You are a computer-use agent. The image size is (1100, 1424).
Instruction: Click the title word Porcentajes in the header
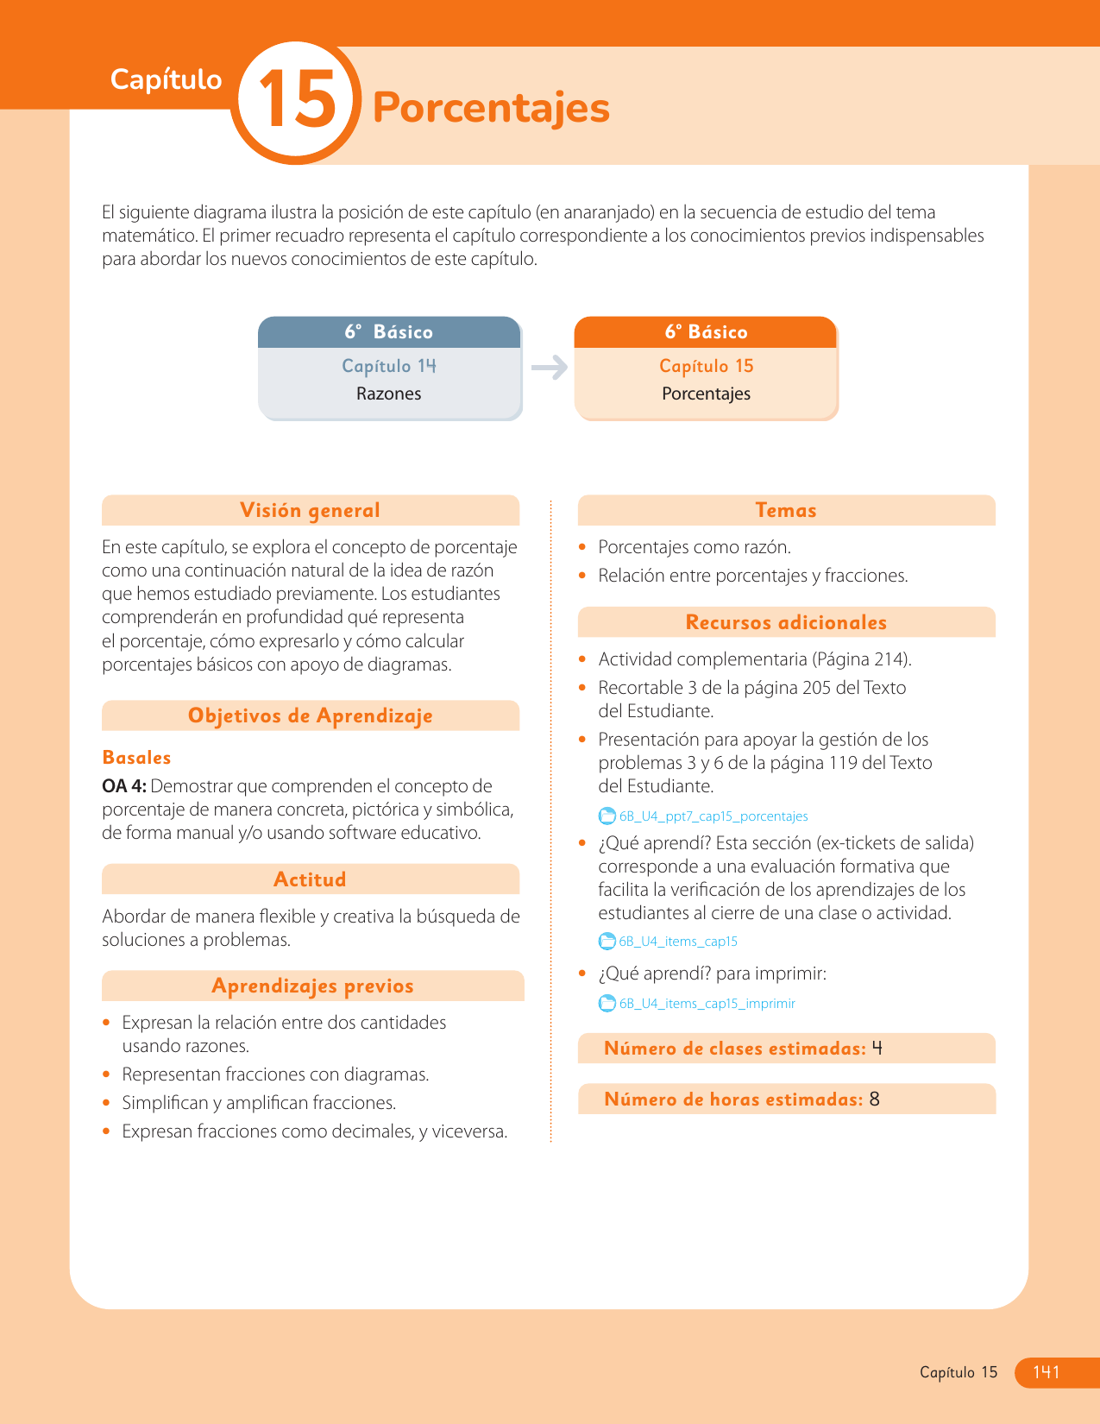491,108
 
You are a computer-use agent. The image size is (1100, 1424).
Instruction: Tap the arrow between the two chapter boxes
549,368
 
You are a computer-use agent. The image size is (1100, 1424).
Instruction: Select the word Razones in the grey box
388,394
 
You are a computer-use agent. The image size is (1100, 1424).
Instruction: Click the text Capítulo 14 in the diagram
389,366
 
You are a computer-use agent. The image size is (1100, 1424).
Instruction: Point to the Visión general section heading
310,510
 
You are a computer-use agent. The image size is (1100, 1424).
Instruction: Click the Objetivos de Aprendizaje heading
310,715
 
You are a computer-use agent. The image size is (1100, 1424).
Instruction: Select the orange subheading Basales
136,758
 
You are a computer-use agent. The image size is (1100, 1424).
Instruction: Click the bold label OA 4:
124,786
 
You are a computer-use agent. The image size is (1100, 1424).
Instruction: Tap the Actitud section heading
310,879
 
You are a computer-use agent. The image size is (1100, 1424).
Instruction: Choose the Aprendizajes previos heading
312,986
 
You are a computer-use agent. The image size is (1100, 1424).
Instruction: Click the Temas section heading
785,510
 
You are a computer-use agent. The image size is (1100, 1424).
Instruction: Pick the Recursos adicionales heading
785,622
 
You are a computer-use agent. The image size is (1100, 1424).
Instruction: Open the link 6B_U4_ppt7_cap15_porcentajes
713,816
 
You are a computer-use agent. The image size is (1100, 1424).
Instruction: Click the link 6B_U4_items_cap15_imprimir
707,1004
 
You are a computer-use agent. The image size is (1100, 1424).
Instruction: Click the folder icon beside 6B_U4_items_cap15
607,942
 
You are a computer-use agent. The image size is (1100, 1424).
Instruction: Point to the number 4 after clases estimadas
877,1049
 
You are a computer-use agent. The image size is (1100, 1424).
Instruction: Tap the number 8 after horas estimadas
875,1100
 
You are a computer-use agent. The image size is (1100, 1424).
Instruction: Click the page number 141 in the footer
1046,1372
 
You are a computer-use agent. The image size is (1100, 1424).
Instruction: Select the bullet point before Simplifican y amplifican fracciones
107,1103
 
